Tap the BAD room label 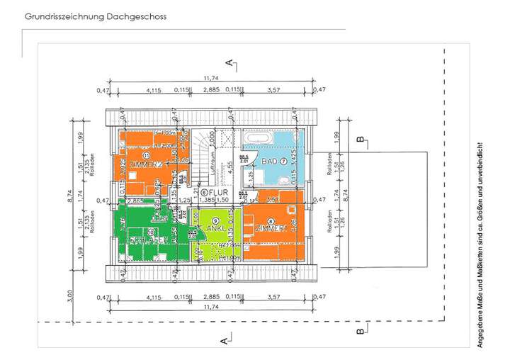coord(269,162)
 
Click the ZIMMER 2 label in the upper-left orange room coord(147,165)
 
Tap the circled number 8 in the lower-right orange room coord(271,221)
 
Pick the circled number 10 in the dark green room coord(150,231)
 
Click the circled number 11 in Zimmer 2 coord(147,155)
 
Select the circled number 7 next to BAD coord(283,162)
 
